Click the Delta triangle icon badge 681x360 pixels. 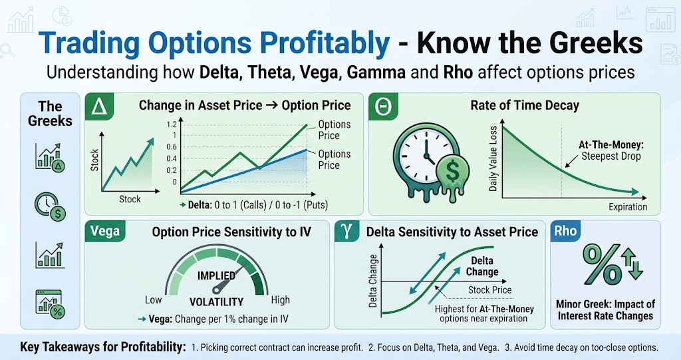coord(100,106)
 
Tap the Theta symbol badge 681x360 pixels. coord(383,106)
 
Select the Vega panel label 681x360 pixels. coord(105,231)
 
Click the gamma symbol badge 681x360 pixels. coord(347,231)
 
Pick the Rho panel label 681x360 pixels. coord(565,230)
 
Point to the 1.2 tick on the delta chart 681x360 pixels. coord(172,124)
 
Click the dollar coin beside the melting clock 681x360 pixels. coord(452,171)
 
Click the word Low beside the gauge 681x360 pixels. coord(154,299)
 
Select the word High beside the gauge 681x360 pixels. coord(280,299)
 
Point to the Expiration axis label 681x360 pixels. coord(628,207)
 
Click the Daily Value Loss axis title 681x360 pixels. coord(493,158)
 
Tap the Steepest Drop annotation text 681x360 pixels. coord(611,156)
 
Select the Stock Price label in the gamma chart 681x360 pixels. coord(489,289)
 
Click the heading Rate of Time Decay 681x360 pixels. coord(525,105)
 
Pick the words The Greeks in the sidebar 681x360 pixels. coord(50,114)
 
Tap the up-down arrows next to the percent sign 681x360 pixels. coord(632,263)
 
